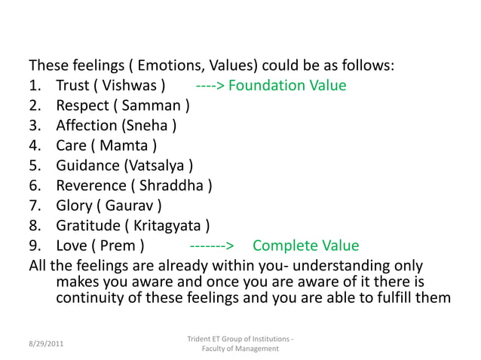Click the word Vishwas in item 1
click(x=130, y=85)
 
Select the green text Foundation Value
click(x=287, y=85)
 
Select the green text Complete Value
click(x=305, y=246)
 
